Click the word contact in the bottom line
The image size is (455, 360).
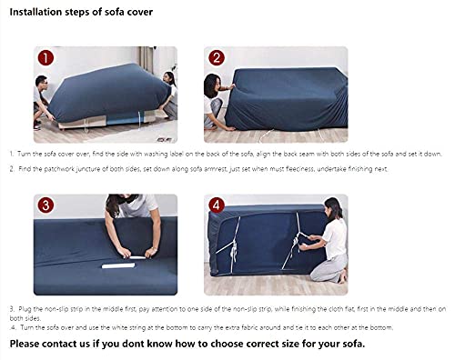(x=70, y=345)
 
